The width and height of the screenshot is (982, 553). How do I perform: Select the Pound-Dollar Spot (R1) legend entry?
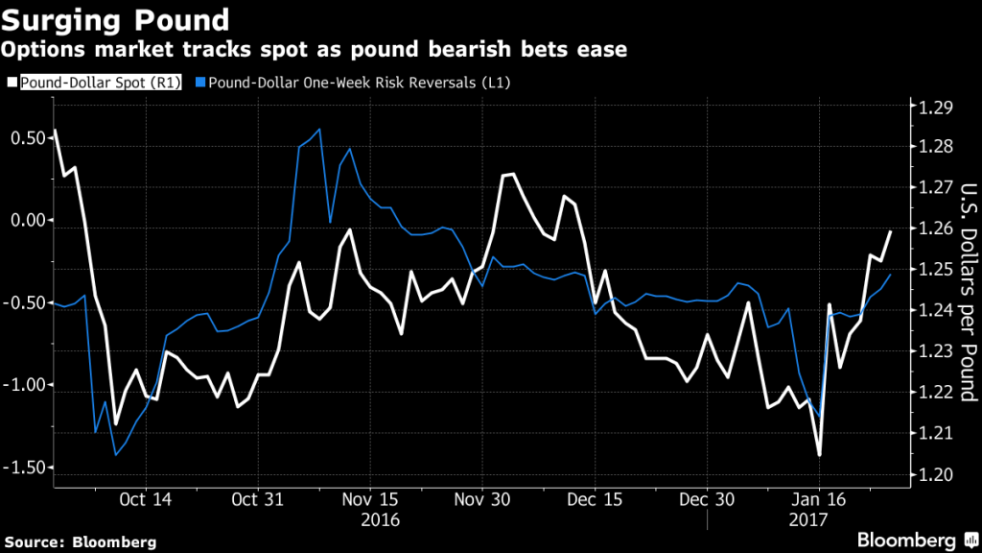tap(95, 84)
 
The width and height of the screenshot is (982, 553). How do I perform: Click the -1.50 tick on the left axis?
tap(23, 468)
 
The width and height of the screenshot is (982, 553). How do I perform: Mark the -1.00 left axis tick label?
tap(23, 385)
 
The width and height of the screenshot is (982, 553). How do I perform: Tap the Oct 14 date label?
tap(147, 500)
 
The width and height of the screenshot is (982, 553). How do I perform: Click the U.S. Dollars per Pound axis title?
tap(966, 291)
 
